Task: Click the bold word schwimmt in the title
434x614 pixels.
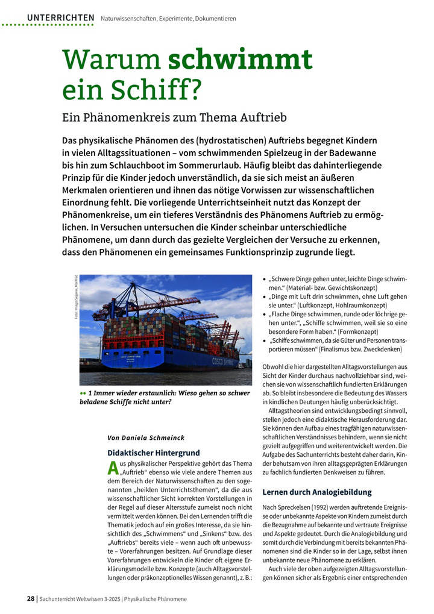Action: point(240,60)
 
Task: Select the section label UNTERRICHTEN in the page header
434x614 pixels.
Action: point(60,18)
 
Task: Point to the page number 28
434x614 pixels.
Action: point(30,598)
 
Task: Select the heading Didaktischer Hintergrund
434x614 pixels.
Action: point(153,453)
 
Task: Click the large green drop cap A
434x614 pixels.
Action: point(112,468)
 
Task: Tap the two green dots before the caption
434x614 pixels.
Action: point(83,393)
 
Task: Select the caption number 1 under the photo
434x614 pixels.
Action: point(90,393)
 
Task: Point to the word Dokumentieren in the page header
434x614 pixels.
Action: point(215,19)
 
